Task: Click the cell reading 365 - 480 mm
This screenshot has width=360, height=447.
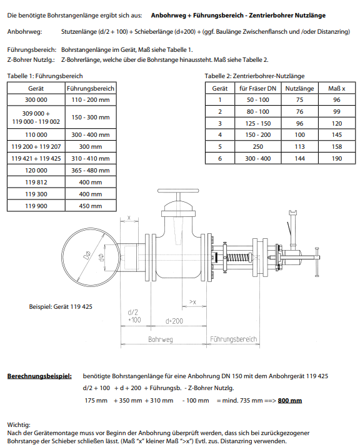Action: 91,170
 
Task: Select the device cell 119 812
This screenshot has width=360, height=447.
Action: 36,182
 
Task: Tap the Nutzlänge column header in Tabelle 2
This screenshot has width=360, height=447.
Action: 299,88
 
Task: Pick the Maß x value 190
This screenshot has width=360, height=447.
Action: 337,159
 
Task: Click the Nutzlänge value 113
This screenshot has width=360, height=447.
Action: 299,146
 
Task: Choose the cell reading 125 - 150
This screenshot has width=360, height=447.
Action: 257,123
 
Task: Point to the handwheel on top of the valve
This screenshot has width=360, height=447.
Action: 178,191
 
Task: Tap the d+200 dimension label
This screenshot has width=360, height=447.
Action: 174,321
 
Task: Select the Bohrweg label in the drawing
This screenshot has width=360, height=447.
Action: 161,339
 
